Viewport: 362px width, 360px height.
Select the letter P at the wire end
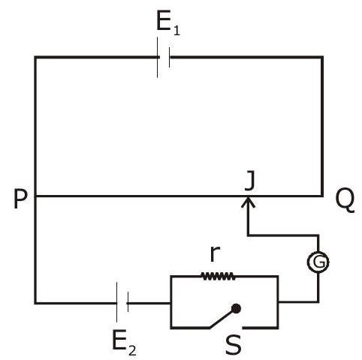click(20, 199)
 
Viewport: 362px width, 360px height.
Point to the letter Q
click(345, 200)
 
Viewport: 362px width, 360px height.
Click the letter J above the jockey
click(249, 180)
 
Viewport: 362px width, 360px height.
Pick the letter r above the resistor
click(215, 253)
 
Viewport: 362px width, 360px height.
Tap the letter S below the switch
click(234, 345)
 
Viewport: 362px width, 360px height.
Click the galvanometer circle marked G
click(318, 262)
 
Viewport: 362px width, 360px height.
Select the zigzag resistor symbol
click(218, 276)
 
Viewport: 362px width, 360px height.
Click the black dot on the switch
click(236, 309)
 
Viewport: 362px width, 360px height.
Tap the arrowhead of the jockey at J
click(248, 202)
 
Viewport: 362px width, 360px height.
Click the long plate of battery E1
click(158, 57)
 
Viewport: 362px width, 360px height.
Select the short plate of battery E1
click(169, 57)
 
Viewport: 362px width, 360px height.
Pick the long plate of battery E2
click(116, 302)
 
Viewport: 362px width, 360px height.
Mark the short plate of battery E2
click(128, 302)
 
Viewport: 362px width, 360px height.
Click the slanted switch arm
click(222, 319)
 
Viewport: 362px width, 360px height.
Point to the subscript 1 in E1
click(176, 30)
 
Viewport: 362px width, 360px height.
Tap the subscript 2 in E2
click(132, 350)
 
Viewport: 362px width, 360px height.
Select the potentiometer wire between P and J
click(141, 196)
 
